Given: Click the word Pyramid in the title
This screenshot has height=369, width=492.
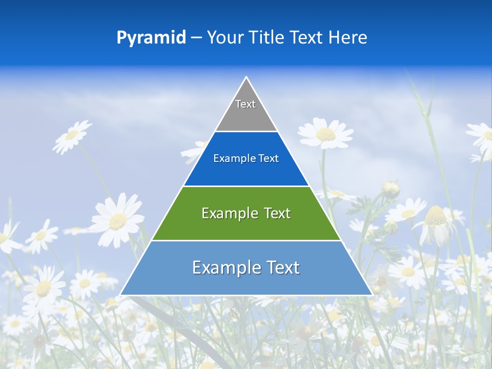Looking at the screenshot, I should point(151,38).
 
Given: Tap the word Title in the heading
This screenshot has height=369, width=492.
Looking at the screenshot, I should point(267,38).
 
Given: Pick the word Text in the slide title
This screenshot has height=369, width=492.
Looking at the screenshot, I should point(307,38).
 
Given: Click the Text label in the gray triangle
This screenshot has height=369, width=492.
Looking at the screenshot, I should point(245,104).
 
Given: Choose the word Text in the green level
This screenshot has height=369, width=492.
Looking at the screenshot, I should point(277,213).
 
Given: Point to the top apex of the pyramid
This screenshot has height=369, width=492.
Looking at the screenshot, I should point(247,77).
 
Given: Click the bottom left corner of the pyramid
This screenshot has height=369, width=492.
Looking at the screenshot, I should point(121,295).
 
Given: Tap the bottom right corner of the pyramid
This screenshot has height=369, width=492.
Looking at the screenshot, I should point(372,295).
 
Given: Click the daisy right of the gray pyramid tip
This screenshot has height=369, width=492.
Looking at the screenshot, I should point(325,134).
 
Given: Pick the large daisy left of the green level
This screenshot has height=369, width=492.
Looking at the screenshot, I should point(117,220).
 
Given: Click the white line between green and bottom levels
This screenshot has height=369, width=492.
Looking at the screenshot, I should point(247,240).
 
